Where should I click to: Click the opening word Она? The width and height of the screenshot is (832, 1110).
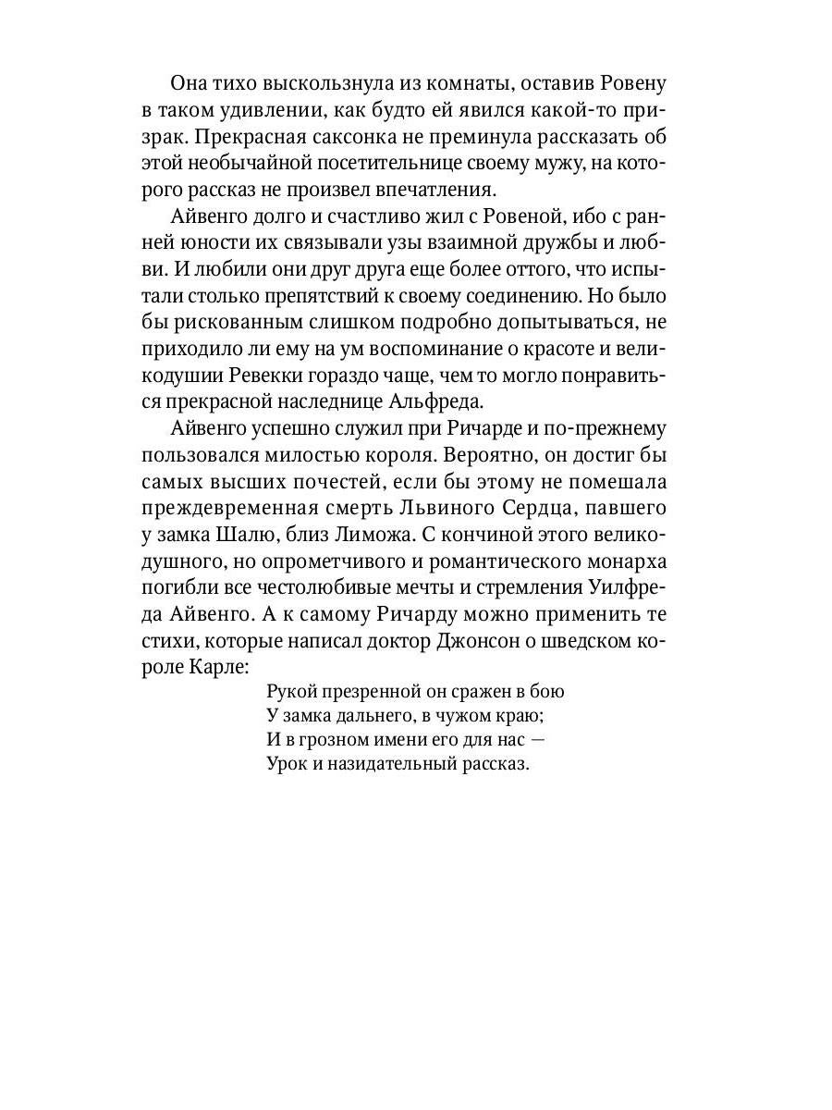pos(191,83)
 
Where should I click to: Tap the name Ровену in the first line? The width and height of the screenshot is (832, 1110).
pos(631,83)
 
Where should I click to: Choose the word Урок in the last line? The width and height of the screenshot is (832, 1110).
pos(286,764)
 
